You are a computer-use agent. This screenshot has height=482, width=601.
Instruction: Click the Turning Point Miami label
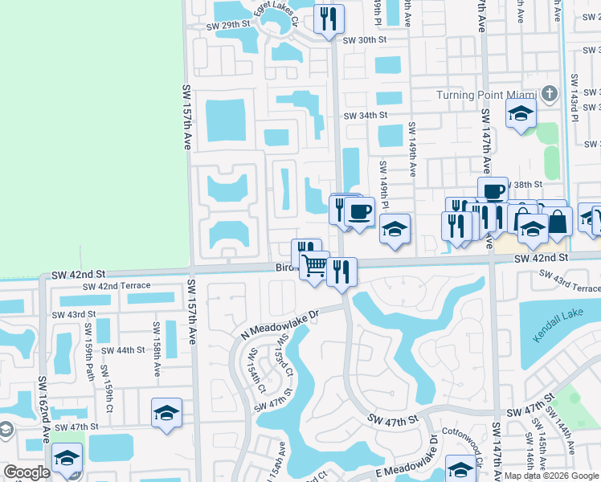486,94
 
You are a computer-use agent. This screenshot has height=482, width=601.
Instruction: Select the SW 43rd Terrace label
570,281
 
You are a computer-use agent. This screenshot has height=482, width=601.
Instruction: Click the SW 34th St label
366,116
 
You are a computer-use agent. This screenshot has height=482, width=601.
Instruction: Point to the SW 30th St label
365,40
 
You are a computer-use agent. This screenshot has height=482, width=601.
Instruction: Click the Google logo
27,472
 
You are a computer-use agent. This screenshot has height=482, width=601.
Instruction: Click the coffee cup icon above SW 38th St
493,191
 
